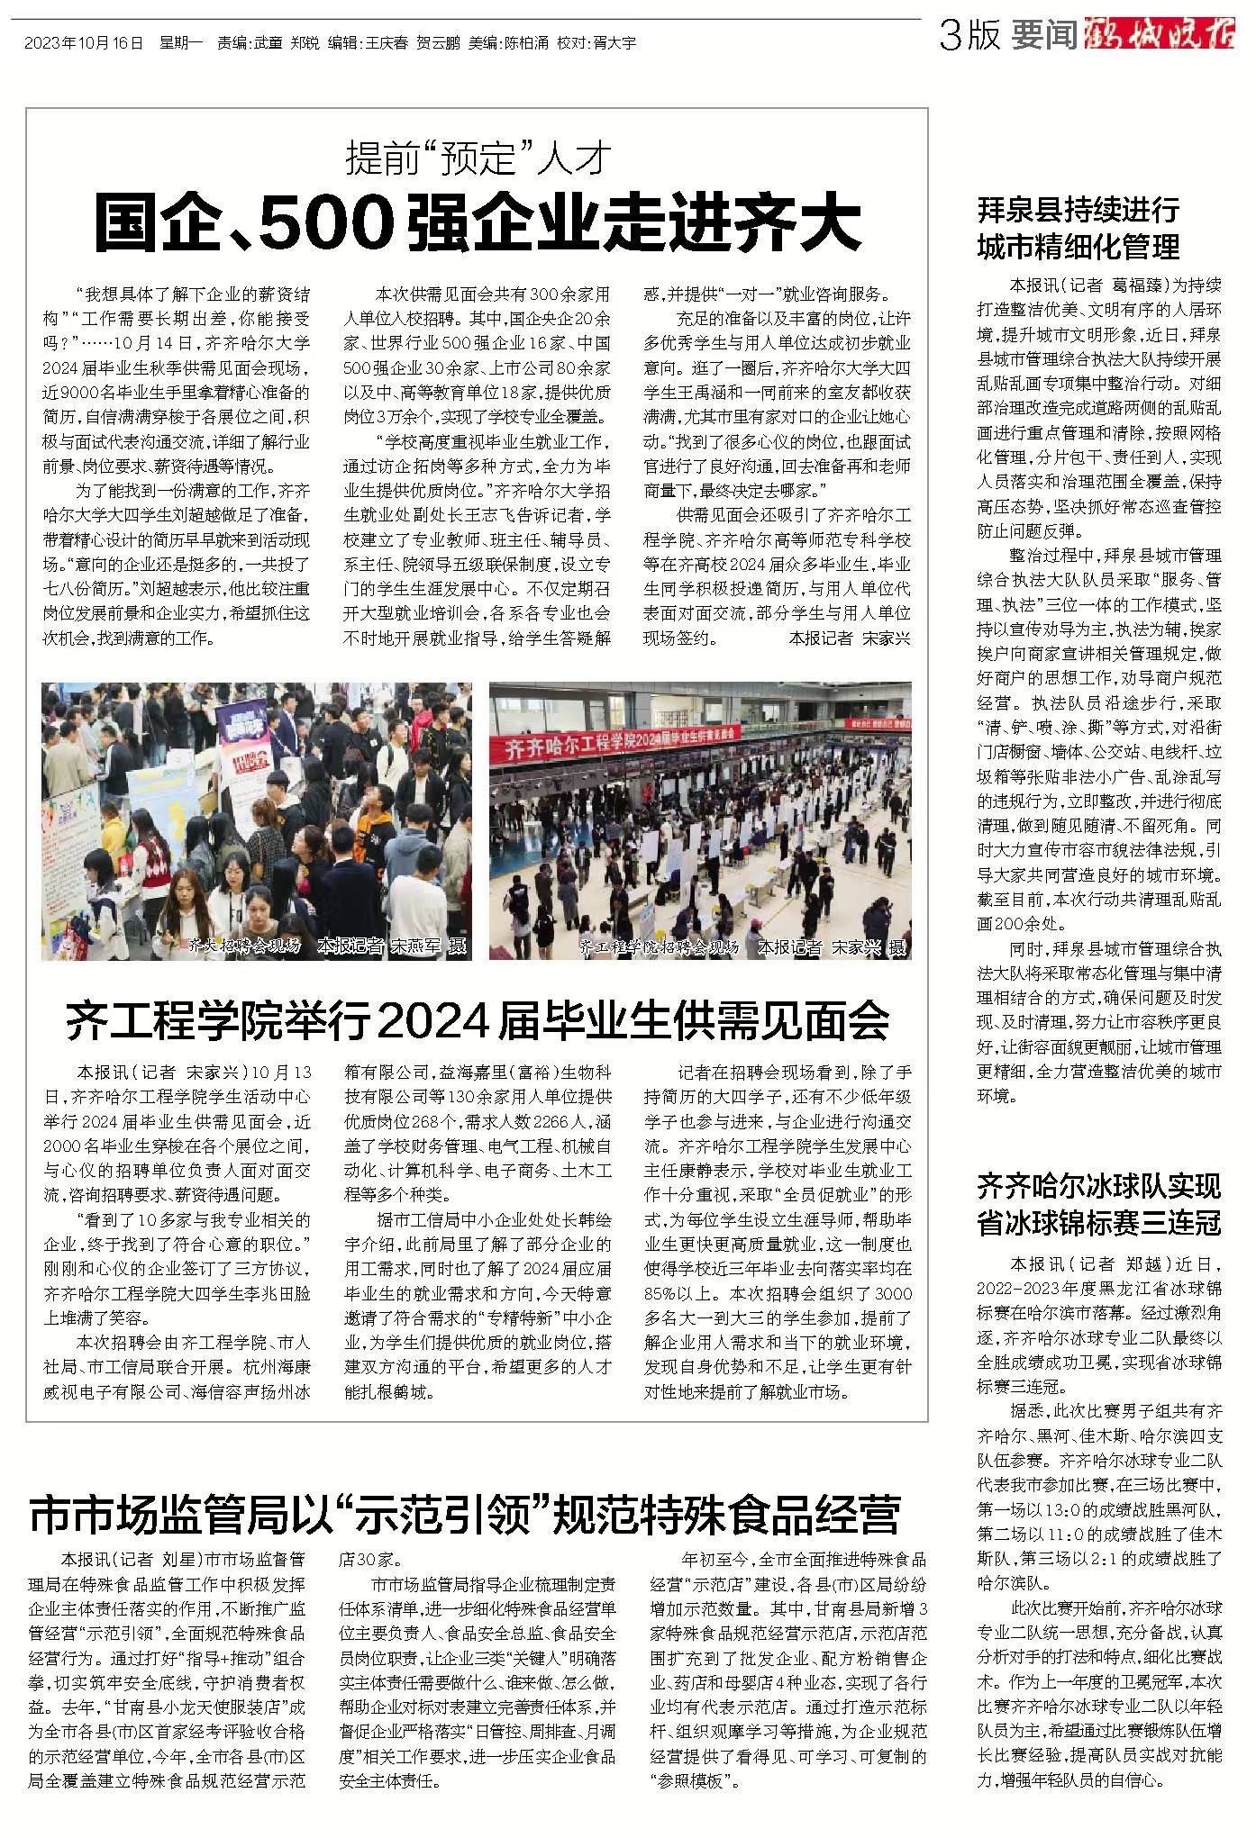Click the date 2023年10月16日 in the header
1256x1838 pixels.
pyautogui.click(x=84, y=42)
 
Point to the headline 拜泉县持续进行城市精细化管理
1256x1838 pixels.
pyautogui.click(x=1079, y=228)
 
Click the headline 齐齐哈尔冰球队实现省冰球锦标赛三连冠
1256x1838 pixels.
pyautogui.click(x=1098, y=1203)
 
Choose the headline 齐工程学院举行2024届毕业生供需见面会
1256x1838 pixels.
pyautogui.click(x=477, y=1020)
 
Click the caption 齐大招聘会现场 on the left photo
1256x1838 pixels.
pyautogui.click(x=244, y=946)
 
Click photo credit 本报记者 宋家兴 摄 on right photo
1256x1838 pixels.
pyautogui.click(x=831, y=947)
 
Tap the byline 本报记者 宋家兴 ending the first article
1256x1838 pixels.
pyautogui.click(x=849, y=638)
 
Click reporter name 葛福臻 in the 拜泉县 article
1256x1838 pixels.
pyautogui.click(x=1138, y=285)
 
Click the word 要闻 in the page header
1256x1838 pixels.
pyautogui.click(x=1044, y=35)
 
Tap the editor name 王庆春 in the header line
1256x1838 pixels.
pyautogui.click(x=387, y=42)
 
